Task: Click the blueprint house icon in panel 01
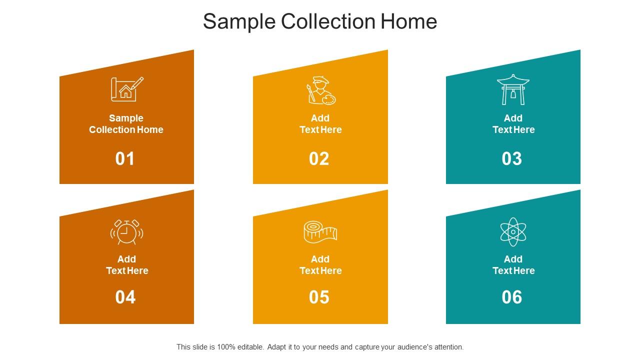tap(127, 89)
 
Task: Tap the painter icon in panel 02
tap(321, 90)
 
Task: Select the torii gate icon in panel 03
tap(513, 89)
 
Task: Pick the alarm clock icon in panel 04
tap(127, 232)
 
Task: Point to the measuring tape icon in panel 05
tap(320, 232)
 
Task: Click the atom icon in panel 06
tap(513, 231)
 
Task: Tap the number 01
tap(125, 158)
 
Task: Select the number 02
tap(319, 158)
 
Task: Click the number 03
tap(511, 158)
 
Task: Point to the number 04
tap(125, 297)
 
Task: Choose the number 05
tap(319, 297)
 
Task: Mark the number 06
tap(511, 297)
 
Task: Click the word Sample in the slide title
tap(239, 22)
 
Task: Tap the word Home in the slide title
tap(409, 21)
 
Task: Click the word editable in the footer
tap(250, 347)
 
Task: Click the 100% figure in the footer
tap(226, 347)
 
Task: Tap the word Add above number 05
tap(320, 259)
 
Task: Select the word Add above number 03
tap(513, 118)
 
